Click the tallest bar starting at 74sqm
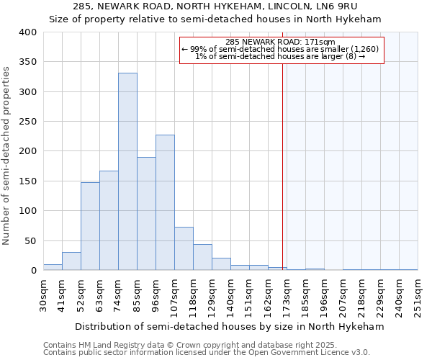[x=127, y=171]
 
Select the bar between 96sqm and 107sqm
[x=165, y=202]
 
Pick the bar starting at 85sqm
[x=146, y=214]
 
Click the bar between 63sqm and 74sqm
[x=109, y=220]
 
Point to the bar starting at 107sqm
[x=184, y=248]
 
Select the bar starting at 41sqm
[x=71, y=261]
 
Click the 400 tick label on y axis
[x=27, y=32]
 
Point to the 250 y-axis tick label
[x=27, y=122]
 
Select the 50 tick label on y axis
[x=30, y=240]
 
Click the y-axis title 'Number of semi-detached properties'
[x=6, y=155]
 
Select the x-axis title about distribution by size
[x=230, y=326]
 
